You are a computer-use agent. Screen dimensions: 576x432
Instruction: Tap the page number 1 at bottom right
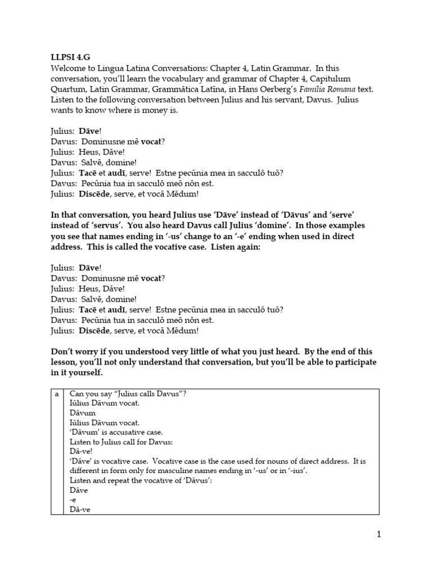click(379, 534)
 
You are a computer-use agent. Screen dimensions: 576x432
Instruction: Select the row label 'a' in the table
click(56, 394)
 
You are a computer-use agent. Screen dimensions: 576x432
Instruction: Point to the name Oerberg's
click(265, 89)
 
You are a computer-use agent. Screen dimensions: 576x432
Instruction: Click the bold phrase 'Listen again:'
click(235, 247)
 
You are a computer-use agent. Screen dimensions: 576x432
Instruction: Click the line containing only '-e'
click(73, 500)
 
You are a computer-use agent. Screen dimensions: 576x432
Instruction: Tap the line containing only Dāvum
click(82, 412)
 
